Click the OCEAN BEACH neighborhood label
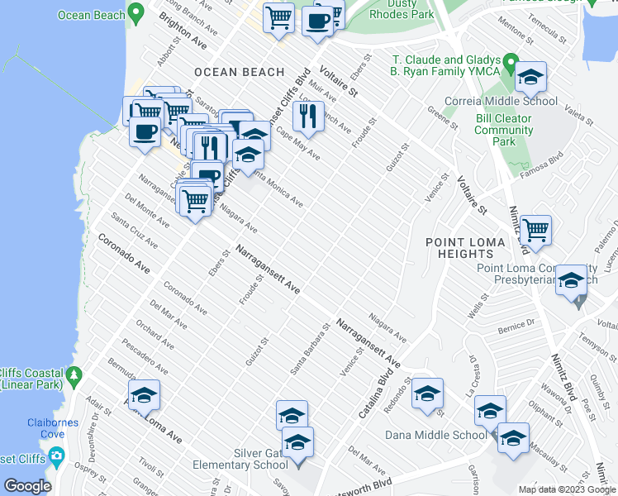coord(240,73)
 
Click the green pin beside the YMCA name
coord(511,62)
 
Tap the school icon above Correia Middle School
coord(531,79)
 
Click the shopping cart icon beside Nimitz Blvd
coord(535,231)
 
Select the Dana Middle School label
coord(447,435)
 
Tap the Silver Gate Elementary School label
coord(240,460)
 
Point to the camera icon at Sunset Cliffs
coord(57,455)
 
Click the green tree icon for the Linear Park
coord(75,376)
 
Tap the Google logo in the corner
coord(27,486)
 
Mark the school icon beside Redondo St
coord(428,395)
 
